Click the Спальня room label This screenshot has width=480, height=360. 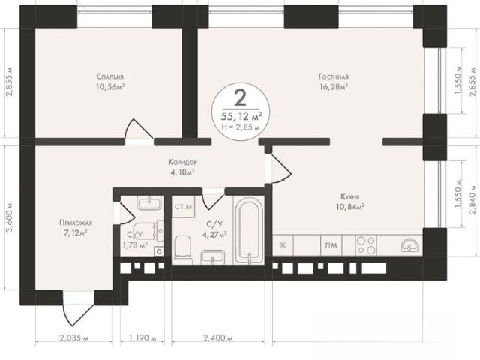tap(110, 76)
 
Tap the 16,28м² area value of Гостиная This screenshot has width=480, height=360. tap(333, 87)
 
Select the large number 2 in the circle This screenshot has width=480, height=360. tap(241, 97)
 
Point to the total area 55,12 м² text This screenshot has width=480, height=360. tap(241, 116)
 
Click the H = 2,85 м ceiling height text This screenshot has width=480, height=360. tap(241, 127)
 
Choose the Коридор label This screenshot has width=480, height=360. tap(183, 162)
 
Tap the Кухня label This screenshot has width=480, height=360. tap(350, 196)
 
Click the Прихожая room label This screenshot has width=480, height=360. tap(76, 223)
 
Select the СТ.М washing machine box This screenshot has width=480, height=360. tap(183, 207)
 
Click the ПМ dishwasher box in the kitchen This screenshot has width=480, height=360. tap(331, 245)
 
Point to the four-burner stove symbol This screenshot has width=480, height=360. tap(367, 245)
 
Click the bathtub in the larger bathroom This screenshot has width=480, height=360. tap(249, 230)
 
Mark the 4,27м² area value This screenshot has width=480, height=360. tap(214, 235)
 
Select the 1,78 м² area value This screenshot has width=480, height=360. tap(135, 245)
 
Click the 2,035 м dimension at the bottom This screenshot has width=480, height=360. tap(73, 338)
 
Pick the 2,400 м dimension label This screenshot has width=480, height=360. tap(217, 338)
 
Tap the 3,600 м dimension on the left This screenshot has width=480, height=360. tap(10, 217)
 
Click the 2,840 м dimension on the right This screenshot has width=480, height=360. tap(474, 201)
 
